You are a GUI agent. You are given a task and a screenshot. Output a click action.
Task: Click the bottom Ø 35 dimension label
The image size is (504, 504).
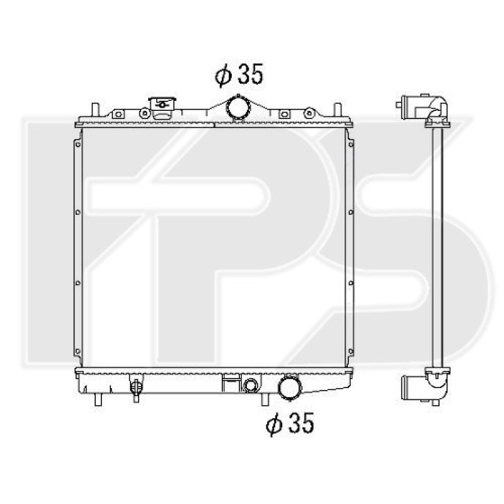pyautogui.click(x=289, y=425)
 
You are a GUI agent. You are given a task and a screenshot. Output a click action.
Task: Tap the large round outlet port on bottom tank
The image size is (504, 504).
pyautogui.click(x=289, y=386)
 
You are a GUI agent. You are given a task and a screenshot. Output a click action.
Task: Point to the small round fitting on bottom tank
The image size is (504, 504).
pyautogui.click(x=250, y=386)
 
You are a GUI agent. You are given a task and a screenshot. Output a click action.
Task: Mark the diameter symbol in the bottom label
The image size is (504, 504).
pyautogui.click(x=272, y=425)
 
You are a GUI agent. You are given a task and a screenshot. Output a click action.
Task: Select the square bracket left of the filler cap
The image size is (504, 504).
pyautogui.click(x=118, y=114)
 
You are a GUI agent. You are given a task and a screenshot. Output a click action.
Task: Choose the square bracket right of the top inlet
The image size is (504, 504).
pyautogui.click(x=284, y=114)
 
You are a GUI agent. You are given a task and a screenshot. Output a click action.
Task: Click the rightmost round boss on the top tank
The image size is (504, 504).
pyautogui.click(x=309, y=113)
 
